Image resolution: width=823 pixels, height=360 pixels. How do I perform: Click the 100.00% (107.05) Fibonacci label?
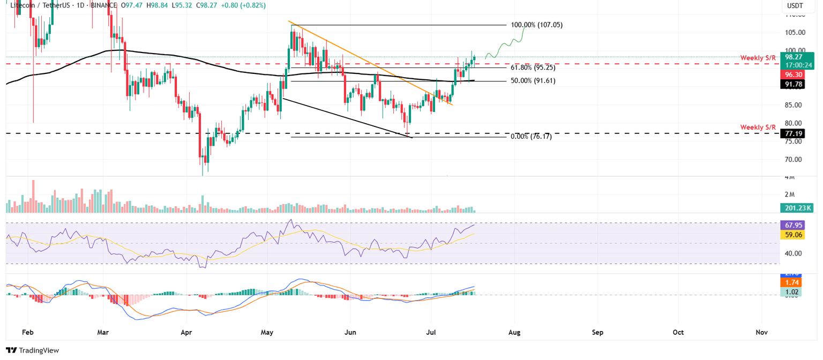tap(536, 25)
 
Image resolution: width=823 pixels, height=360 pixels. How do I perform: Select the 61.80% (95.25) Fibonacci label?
tap(533, 68)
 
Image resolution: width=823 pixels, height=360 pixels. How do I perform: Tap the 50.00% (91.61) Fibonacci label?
tap(533, 81)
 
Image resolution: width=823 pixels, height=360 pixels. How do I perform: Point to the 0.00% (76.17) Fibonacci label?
tap(531, 137)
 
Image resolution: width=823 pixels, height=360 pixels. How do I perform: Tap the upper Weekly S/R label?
tap(758, 58)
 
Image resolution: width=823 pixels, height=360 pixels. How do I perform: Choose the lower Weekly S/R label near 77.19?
tap(758, 127)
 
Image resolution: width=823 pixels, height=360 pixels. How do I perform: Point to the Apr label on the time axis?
tap(186, 332)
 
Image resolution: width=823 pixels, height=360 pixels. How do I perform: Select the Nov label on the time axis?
tap(761, 332)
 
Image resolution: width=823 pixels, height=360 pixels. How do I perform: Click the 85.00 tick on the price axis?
tap(792, 105)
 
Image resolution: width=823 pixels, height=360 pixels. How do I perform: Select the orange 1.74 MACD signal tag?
tap(792, 282)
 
